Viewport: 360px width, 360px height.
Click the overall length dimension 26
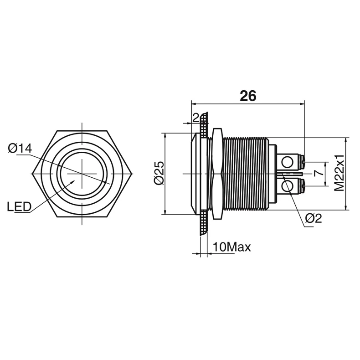click(x=248, y=96)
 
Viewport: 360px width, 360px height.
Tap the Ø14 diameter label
click(x=20, y=149)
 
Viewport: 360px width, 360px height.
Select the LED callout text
click(x=19, y=206)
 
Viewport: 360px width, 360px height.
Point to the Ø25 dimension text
click(x=160, y=173)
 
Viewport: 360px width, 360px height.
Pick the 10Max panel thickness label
click(x=232, y=247)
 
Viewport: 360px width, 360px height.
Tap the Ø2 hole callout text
click(x=314, y=218)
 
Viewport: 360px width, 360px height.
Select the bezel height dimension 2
click(x=196, y=118)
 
